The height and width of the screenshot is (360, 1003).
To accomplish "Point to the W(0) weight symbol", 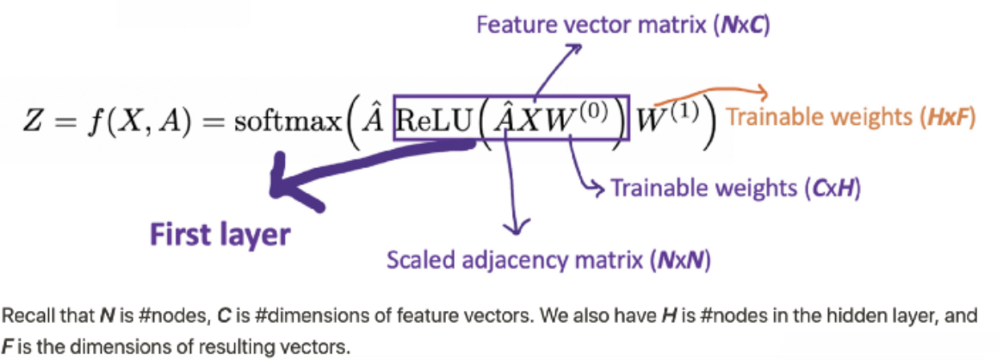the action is point(582,118).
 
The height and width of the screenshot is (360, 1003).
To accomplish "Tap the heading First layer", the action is point(220,234).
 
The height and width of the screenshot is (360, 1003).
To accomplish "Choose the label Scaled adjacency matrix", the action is point(516,261).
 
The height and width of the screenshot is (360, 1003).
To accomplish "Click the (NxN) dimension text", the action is point(681,261).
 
